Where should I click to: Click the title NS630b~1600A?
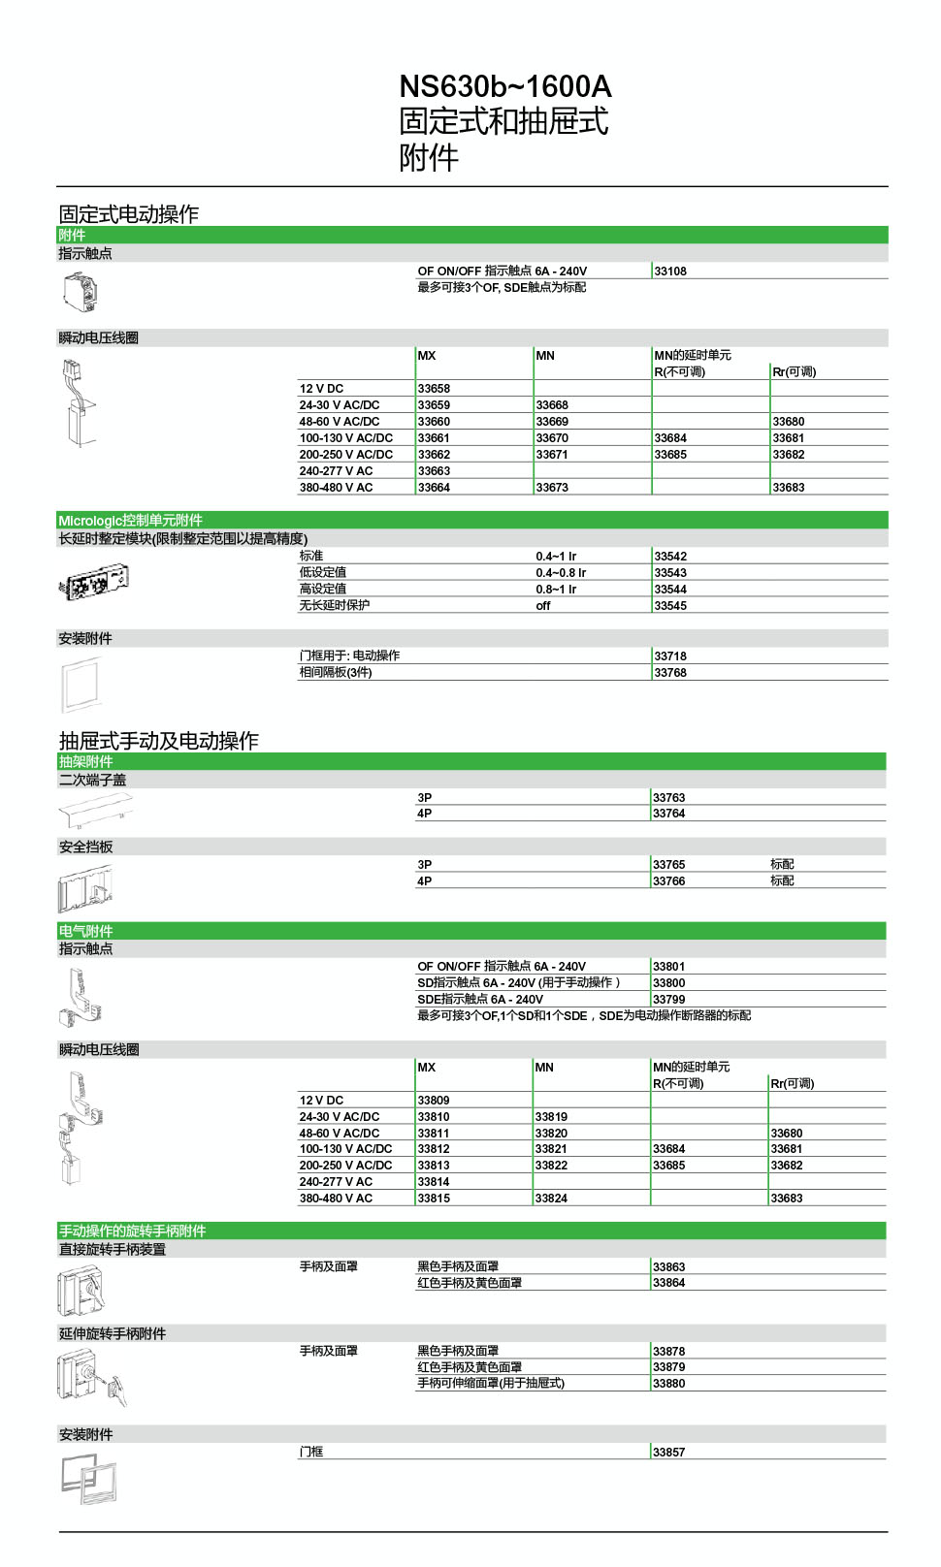tap(504, 87)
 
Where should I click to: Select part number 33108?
tap(670, 272)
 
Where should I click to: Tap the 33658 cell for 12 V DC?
tap(434, 389)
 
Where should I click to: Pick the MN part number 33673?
tap(552, 488)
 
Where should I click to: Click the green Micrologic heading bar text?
tap(130, 521)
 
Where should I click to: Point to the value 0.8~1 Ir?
tap(556, 590)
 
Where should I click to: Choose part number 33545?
tap(670, 606)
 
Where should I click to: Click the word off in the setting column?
tap(543, 606)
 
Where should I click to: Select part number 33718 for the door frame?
tap(670, 656)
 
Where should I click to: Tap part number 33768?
tap(670, 673)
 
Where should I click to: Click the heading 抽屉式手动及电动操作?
tap(159, 741)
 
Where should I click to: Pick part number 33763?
tap(669, 798)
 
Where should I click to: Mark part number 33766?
tap(669, 881)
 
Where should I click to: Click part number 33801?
tap(669, 967)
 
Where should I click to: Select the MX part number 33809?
tap(434, 1101)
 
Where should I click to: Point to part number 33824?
tap(551, 1199)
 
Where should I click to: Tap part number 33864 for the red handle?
tap(669, 1283)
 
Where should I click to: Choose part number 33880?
tap(669, 1384)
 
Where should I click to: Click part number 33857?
tap(669, 1453)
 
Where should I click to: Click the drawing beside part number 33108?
tap(81, 291)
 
